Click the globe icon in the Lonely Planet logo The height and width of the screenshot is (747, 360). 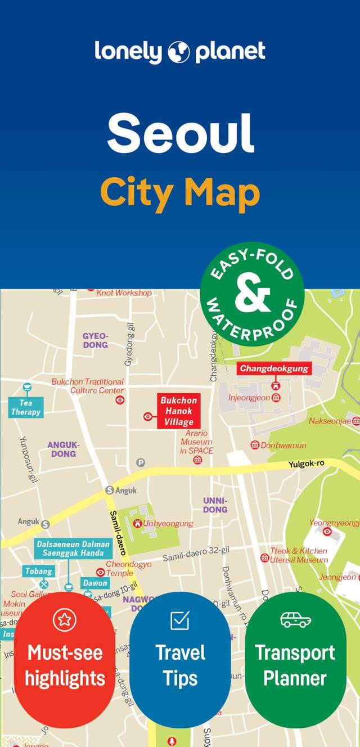(x=179, y=51)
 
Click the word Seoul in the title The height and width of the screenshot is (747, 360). (x=181, y=133)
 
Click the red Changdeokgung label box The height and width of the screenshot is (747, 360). (x=274, y=368)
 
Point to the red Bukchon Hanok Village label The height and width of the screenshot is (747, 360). (x=178, y=411)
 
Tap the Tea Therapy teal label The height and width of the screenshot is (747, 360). (x=26, y=407)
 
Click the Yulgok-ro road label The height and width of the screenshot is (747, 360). (x=307, y=464)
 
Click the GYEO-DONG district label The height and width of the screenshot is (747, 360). (x=95, y=340)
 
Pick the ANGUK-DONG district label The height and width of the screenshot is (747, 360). (x=63, y=449)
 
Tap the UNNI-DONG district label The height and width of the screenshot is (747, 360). (x=215, y=505)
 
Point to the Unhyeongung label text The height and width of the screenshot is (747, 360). (x=168, y=523)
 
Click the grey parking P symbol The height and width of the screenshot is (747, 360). (x=141, y=462)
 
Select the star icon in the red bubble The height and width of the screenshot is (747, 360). (x=64, y=619)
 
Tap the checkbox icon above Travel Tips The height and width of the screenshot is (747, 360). (x=180, y=620)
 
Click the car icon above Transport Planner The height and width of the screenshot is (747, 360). (x=295, y=619)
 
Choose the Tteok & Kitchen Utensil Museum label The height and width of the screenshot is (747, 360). (x=299, y=555)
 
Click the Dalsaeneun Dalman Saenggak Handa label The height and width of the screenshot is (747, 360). (x=73, y=548)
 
